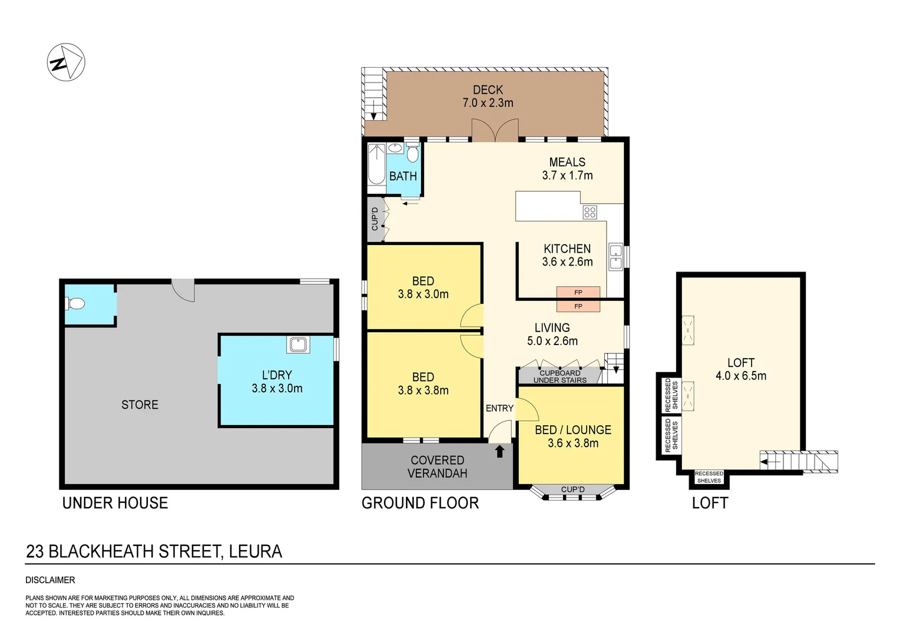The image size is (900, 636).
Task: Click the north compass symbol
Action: coord(66,62)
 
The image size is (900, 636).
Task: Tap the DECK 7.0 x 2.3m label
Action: coord(488,96)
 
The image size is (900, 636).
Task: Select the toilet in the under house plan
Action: coord(76,304)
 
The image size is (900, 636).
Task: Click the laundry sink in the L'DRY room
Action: coord(298,344)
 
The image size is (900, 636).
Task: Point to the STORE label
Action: coord(140,405)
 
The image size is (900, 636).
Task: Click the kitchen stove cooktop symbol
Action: coord(590,212)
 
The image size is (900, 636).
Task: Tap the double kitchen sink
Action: coord(616,257)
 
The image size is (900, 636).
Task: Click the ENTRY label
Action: coord(499,408)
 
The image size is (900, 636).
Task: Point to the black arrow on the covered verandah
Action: coord(499,451)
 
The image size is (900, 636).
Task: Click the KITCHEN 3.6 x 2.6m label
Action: coord(567,255)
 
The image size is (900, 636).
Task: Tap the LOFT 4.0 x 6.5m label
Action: coord(740,369)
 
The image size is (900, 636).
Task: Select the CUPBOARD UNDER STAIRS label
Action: coord(560,376)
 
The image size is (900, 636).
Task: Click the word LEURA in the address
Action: coord(256,551)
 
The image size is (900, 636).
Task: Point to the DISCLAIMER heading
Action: coord(50,580)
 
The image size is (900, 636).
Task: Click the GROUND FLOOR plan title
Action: coord(420,503)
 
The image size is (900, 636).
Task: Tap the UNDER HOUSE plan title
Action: coord(115,503)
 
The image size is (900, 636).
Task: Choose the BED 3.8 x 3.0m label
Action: coord(423,287)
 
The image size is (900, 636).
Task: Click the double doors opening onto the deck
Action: coord(495,131)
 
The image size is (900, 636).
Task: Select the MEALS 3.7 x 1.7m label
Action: coord(567,168)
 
